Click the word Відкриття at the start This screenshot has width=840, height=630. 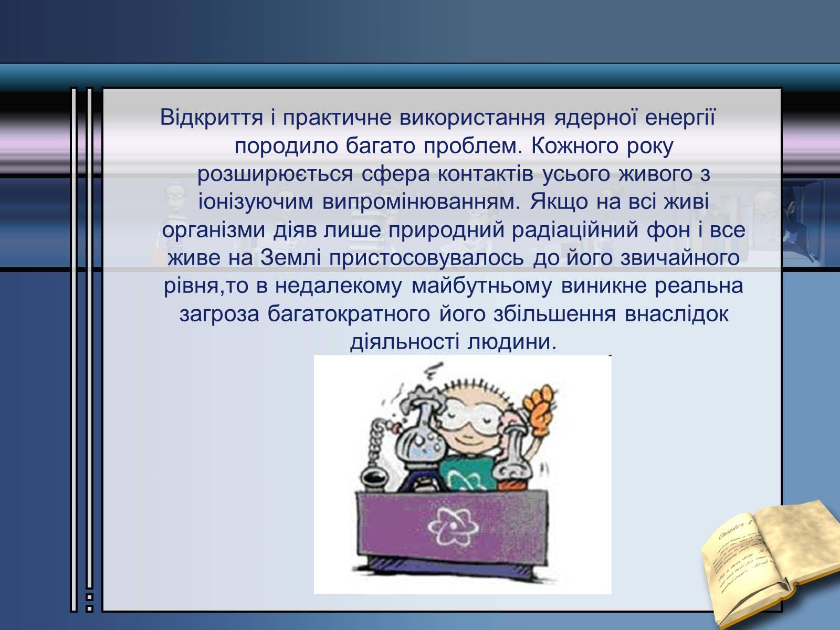pos(211,117)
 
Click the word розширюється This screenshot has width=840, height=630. pos(275,174)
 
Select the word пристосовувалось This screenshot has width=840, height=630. pos(426,259)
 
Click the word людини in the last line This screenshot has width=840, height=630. pos(512,342)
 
